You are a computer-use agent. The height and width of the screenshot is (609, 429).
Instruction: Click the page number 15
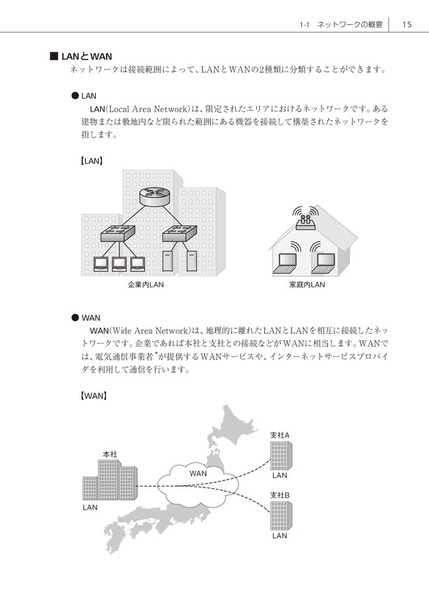[x=407, y=24]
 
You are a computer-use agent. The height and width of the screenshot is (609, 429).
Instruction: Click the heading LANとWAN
[x=87, y=56]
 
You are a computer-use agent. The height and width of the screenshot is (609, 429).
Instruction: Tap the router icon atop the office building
[x=154, y=196]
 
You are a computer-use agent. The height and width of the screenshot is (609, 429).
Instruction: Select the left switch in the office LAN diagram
[x=118, y=234]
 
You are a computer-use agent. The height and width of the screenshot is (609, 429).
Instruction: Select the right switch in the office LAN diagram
[x=179, y=234]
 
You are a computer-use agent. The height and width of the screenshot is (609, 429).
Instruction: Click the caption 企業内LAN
[x=146, y=284]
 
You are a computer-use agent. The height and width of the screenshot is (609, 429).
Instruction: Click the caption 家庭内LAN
[x=307, y=284]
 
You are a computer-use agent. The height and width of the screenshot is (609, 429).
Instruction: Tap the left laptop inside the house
[x=285, y=263]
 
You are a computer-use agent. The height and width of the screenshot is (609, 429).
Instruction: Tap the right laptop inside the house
[x=323, y=263]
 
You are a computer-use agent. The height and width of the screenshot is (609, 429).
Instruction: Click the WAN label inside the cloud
[x=198, y=473]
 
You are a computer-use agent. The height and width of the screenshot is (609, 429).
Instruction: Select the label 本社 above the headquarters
[x=109, y=454]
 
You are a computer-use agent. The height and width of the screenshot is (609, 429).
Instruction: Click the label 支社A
[x=280, y=435]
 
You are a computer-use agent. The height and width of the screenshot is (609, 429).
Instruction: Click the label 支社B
[x=280, y=495]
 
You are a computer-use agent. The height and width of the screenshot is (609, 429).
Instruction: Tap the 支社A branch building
[x=281, y=455]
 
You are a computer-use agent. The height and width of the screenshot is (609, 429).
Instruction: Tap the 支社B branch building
[x=281, y=516]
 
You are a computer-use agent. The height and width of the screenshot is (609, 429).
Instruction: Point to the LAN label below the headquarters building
[x=90, y=508]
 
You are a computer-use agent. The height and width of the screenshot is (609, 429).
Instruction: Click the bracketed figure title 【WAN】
[x=93, y=396]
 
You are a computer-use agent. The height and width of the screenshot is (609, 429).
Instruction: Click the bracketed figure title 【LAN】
[x=92, y=161]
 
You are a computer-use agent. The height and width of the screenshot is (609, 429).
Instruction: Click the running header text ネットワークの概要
[x=350, y=24]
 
